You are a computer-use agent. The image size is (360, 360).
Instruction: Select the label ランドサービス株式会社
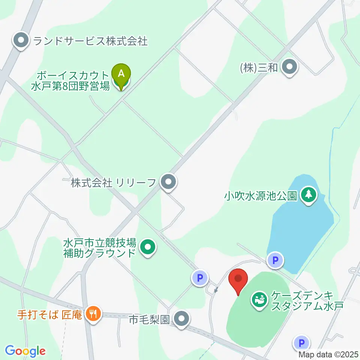(90, 41)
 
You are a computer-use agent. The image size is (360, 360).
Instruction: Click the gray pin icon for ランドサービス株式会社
(21, 40)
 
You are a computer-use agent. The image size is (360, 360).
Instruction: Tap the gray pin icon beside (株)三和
(289, 67)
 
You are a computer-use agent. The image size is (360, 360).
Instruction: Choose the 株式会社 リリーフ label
(113, 183)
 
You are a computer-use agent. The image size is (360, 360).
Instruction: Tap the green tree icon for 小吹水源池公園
(309, 195)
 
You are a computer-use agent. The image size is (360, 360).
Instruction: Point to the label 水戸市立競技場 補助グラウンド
(99, 247)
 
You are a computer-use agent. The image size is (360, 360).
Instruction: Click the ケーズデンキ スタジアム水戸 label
(307, 301)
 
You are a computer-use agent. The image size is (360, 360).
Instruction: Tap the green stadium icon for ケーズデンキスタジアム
(259, 299)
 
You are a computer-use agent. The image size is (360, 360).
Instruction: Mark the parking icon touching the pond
(276, 260)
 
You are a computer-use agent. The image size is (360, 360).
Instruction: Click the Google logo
(25, 351)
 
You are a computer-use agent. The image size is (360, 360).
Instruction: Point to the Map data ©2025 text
(328, 354)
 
